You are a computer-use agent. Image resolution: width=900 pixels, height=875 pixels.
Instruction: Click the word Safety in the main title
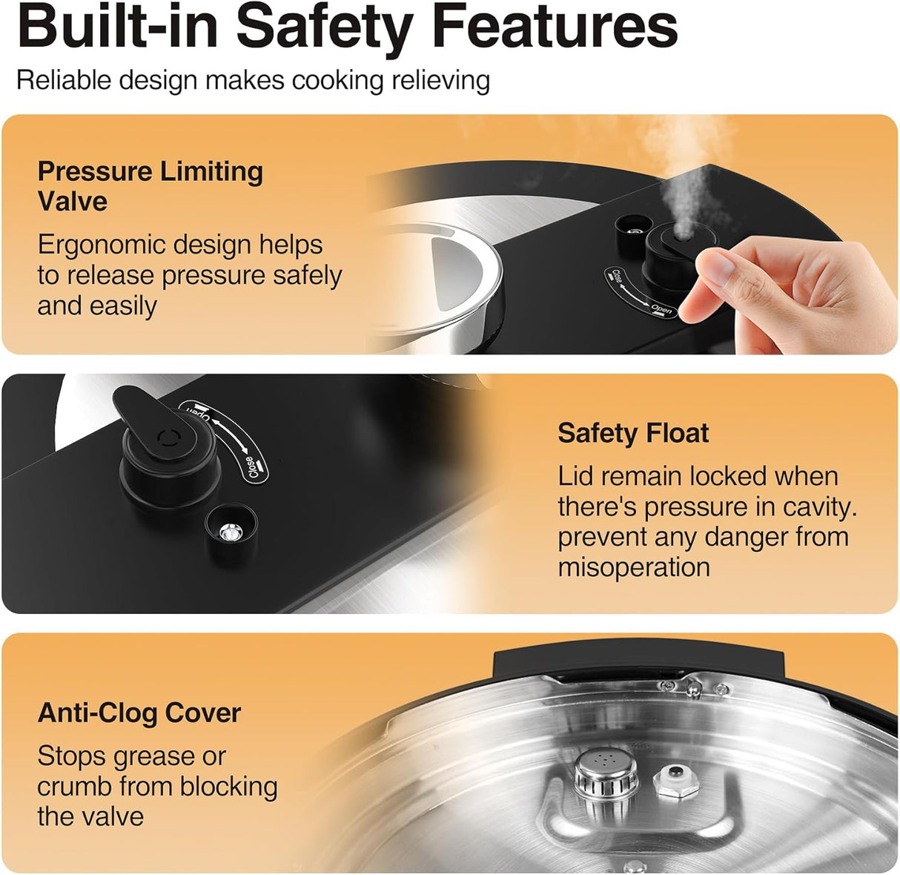[x=325, y=27]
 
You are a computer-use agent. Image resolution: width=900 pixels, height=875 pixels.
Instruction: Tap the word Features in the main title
[x=555, y=27]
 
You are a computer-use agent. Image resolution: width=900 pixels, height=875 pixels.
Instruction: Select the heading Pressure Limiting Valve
[x=150, y=186]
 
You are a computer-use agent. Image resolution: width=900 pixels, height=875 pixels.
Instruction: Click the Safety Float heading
[x=633, y=433]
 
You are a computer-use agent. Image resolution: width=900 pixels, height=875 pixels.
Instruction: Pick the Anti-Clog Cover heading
[x=139, y=713]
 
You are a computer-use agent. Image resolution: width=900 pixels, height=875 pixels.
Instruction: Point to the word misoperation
[x=634, y=567]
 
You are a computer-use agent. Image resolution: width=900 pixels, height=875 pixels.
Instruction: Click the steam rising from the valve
[x=686, y=178]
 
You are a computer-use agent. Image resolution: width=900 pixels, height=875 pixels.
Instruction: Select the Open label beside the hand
[x=661, y=308]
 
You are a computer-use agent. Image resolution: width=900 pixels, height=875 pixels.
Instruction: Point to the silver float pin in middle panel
[x=231, y=530]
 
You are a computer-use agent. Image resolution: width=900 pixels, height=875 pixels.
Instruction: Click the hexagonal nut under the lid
[x=678, y=782]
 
